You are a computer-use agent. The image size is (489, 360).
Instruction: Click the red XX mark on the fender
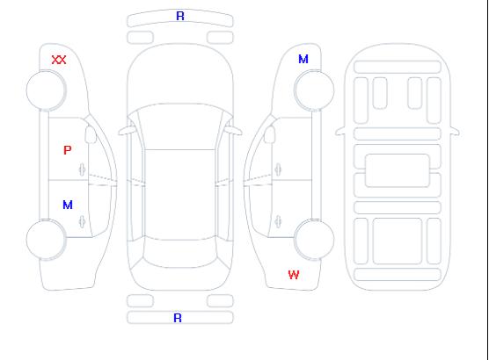[x=59, y=60]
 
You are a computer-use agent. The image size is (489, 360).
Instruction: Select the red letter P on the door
[x=68, y=150]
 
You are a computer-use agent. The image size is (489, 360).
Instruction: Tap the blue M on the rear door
[x=68, y=205]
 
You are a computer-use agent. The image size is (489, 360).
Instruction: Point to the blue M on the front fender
[x=303, y=59]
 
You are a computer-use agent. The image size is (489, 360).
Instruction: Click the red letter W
[x=294, y=275]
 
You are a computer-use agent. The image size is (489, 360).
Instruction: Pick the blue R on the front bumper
[x=180, y=16]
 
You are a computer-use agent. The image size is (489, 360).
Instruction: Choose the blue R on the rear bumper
[x=178, y=318]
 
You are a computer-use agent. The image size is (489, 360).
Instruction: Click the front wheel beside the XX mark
[x=46, y=90]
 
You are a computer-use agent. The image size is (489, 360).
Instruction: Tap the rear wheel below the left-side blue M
[x=46, y=240]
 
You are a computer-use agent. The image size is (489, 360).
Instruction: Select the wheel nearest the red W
[x=314, y=240]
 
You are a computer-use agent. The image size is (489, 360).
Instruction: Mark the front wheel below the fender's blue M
[x=314, y=90]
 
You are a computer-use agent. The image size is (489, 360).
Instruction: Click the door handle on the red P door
[x=83, y=169]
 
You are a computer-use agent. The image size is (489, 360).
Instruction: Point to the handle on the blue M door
[x=83, y=221]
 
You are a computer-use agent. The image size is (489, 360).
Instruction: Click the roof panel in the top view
[x=180, y=195]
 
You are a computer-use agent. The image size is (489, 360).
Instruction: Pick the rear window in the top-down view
[x=180, y=253]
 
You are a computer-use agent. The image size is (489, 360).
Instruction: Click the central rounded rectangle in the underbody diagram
[x=398, y=170]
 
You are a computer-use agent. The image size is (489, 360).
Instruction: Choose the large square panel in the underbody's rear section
[x=398, y=241]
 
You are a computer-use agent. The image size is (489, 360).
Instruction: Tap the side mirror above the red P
[x=91, y=134]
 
